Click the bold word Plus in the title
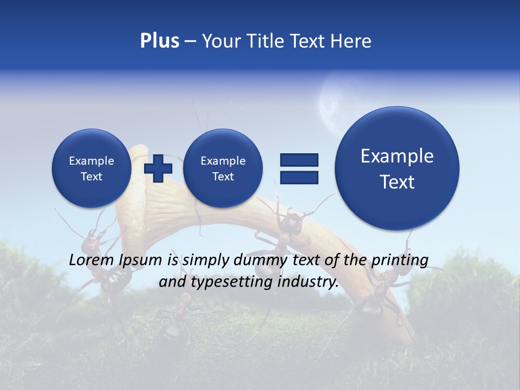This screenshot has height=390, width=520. pos(159,41)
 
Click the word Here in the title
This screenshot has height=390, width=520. pos(352,41)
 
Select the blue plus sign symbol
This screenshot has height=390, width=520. pos(158,168)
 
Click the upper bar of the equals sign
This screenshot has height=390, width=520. pos(299,160)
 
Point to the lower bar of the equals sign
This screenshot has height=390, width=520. pos(299,177)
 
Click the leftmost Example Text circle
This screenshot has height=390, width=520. pos(91,168)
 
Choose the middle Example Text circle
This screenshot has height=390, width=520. pos(223,168)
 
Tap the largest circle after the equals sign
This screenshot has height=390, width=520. pos(397,168)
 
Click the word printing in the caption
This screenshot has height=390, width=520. pos(399,261)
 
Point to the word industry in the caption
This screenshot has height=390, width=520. pos(308,282)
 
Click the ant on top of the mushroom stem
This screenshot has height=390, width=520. pos(290,222)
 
